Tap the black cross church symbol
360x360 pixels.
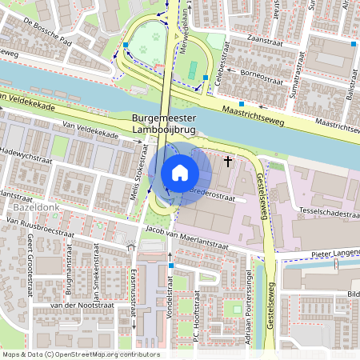[228, 162]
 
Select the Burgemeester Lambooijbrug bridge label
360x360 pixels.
[169, 126]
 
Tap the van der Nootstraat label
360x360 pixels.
[78, 306]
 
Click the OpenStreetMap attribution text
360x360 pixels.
[80, 354]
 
